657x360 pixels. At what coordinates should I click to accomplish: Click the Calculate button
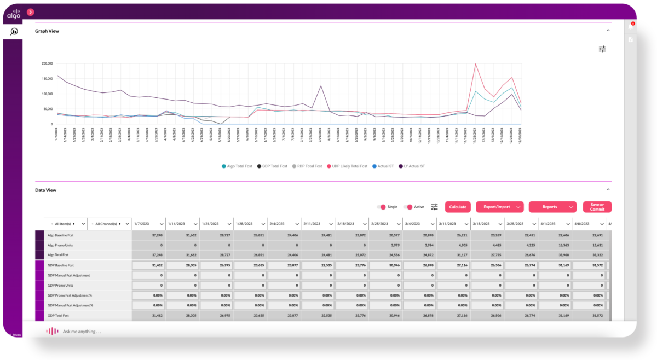point(458,207)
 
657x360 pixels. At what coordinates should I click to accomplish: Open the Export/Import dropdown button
point(499,207)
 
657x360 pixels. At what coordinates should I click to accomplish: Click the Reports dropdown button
point(552,207)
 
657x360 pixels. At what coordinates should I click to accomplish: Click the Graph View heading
point(47,31)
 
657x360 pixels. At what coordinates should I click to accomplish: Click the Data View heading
point(45,190)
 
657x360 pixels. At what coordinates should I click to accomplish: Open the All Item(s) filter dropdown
point(67,224)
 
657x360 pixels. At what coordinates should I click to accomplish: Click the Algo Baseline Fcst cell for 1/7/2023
point(148,235)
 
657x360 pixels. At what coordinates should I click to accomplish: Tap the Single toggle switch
point(381,207)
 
